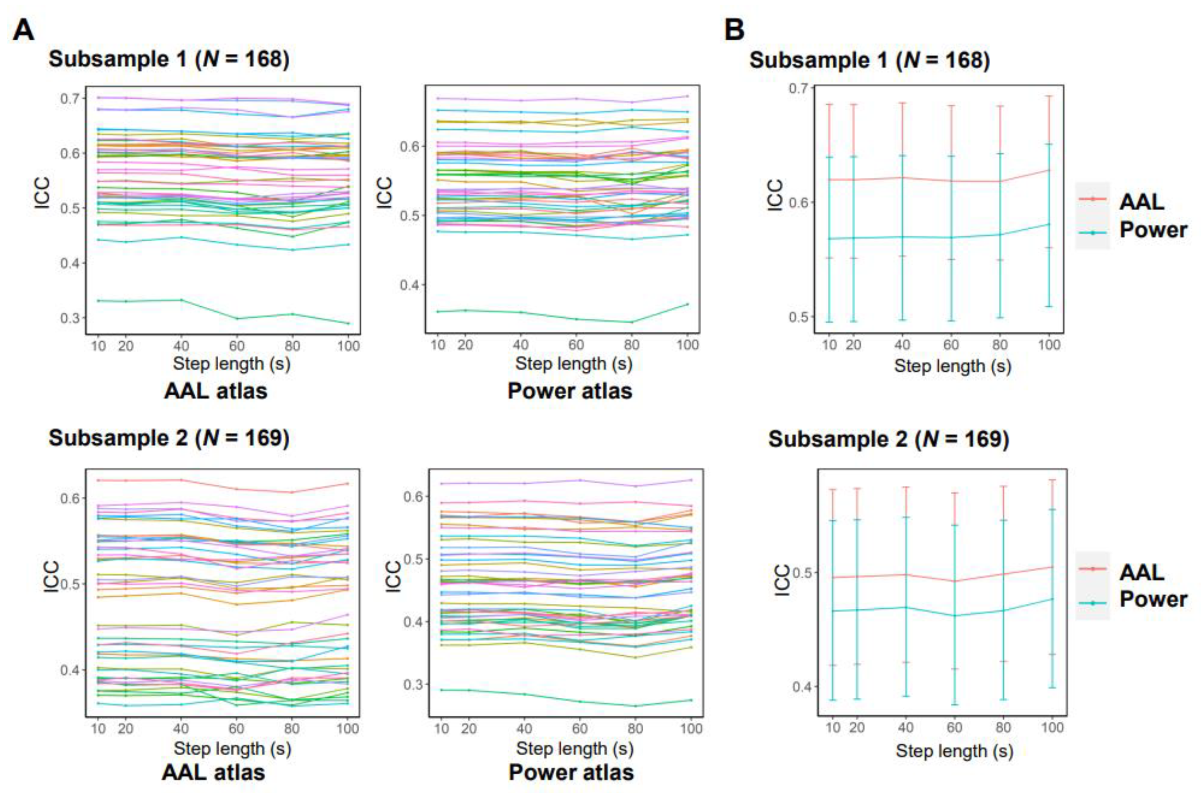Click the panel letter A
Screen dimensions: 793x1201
pyautogui.click(x=23, y=30)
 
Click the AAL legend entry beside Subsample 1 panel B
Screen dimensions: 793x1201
pyautogui.click(x=1141, y=202)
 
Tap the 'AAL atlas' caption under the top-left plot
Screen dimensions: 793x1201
pyautogui.click(x=215, y=391)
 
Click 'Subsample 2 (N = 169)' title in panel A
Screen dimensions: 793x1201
pyautogui.click(x=169, y=438)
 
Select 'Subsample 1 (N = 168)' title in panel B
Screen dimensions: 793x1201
pyautogui.click(x=869, y=60)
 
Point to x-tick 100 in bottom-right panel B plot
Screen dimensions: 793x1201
pyautogui.click(x=1052, y=727)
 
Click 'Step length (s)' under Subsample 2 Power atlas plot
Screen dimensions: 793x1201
pyautogui.click(x=575, y=749)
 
